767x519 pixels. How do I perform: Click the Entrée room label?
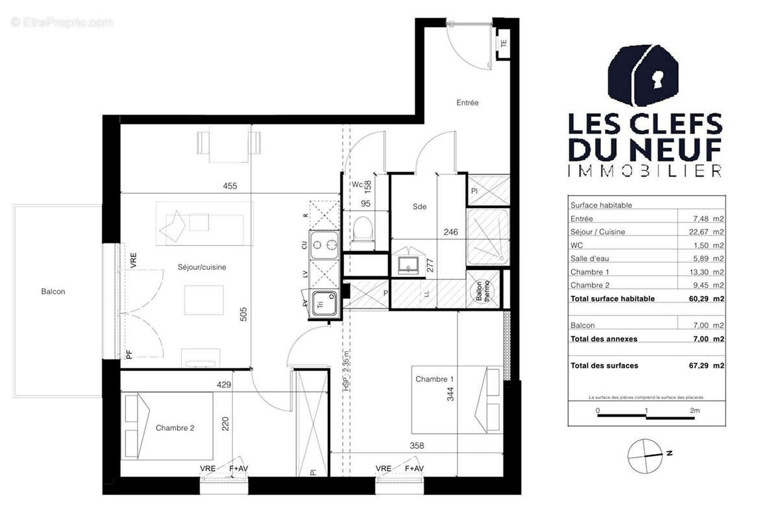pyautogui.click(x=467, y=103)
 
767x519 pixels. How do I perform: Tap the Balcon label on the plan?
pyautogui.click(x=53, y=292)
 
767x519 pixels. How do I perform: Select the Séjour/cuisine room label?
pyautogui.click(x=202, y=267)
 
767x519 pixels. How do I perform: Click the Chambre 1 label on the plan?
pyautogui.click(x=435, y=379)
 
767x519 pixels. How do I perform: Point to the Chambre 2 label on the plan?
pyautogui.click(x=175, y=428)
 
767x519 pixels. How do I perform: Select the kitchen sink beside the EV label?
pyautogui.click(x=323, y=303)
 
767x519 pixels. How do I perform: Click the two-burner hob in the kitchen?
pyautogui.click(x=324, y=245)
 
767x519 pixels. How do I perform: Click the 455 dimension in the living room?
pyautogui.click(x=230, y=186)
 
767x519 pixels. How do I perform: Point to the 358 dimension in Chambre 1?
pyautogui.click(x=417, y=446)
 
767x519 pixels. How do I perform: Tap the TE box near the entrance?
pyautogui.click(x=504, y=43)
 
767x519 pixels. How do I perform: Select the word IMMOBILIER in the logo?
pyautogui.click(x=645, y=171)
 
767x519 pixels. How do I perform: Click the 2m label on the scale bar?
pyautogui.click(x=694, y=411)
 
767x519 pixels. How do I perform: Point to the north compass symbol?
pyautogui.click(x=646, y=453)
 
